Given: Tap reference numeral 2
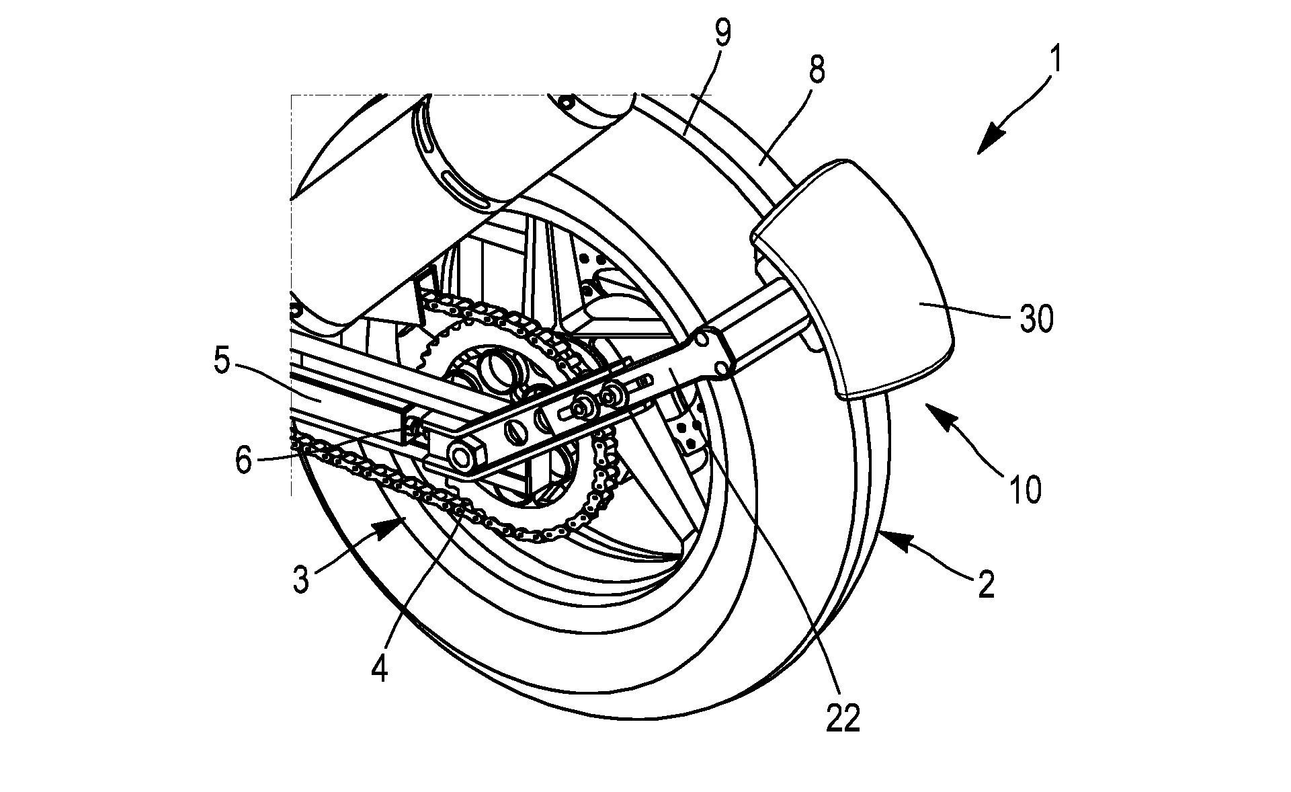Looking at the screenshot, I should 985,584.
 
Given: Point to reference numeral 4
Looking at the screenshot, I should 380,669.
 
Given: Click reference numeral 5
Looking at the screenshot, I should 222,364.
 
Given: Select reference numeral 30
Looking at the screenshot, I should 1037,320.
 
